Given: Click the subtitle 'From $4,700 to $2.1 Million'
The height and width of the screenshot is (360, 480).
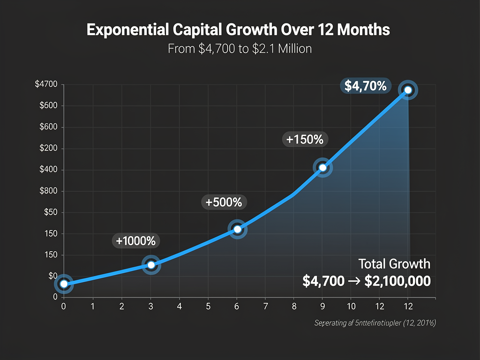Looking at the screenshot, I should (240, 48).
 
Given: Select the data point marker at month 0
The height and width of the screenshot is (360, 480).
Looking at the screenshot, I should (64, 284).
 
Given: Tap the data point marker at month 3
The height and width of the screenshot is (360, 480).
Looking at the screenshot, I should (151, 265).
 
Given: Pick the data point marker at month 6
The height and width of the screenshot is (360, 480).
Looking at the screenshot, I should (237, 229).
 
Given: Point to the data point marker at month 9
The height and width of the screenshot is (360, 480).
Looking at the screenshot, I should (322, 168).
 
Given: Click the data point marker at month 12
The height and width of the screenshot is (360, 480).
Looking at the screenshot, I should (408, 90).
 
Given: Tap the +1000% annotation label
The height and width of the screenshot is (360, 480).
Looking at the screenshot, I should (136, 241).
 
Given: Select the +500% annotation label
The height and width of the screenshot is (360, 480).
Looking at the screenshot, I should (224, 202).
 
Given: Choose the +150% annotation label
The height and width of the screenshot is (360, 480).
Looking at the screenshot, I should (305, 139).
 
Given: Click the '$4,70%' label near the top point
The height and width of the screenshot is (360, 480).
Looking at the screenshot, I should (365, 86).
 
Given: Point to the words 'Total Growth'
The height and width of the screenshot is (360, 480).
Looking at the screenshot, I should (394, 263).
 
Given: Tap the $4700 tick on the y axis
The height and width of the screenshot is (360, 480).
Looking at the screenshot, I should (46, 84).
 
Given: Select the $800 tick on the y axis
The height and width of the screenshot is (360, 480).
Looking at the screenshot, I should (49, 191).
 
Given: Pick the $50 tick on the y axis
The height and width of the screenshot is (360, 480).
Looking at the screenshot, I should (50, 213).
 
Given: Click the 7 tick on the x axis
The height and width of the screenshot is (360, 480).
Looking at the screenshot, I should (265, 306).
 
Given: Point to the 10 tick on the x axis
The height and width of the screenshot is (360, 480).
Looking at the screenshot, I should (351, 306).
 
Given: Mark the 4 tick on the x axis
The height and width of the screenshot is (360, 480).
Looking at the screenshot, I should (179, 306).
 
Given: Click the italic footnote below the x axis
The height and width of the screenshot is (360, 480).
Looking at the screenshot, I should (375, 323).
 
